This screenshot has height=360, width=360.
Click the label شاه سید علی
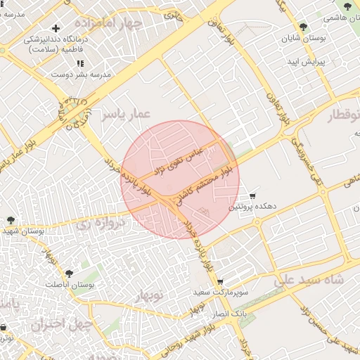[310, 280]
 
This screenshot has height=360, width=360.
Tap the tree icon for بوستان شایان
[303, 27]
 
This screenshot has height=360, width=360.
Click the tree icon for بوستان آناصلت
[68, 274]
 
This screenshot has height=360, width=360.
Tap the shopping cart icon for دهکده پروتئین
[252, 195]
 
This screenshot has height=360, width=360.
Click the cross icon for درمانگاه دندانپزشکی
[56, 28]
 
